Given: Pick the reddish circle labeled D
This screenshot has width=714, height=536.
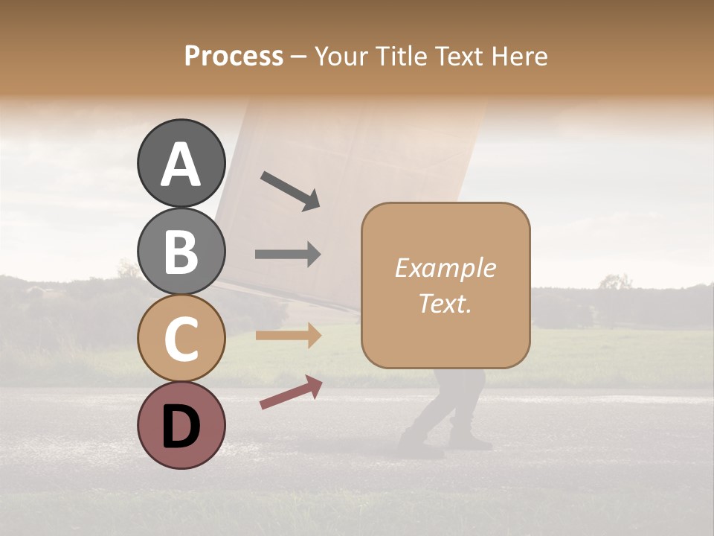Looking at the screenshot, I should (181, 425).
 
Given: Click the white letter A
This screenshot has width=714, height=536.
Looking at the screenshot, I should (181, 165).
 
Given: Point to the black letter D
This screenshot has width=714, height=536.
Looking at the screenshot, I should (181, 427).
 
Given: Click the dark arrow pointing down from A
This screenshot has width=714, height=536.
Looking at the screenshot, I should (290, 191).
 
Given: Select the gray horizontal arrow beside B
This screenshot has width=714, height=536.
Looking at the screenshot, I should (288, 254).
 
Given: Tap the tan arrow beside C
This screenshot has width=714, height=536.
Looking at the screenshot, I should (288, 336).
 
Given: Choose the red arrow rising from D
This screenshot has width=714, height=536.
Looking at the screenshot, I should (291, 392).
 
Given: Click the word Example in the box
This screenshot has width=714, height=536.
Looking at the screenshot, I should (445, 268).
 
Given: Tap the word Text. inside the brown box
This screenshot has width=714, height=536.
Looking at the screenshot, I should (445, 304).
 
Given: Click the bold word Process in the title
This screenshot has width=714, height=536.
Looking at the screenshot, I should (234, 56).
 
